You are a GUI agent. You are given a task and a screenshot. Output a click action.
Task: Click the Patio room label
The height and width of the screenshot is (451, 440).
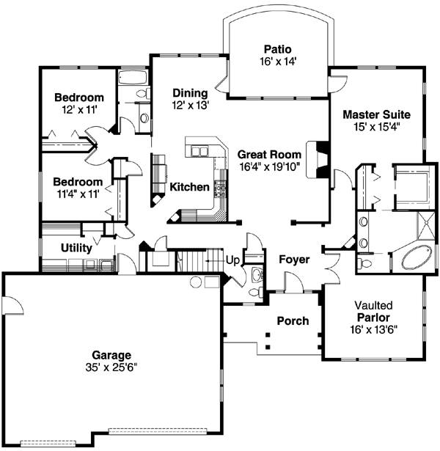278,49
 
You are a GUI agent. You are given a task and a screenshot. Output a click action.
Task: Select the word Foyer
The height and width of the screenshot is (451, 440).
293,260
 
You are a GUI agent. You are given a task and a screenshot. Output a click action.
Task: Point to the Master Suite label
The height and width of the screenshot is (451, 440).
376,114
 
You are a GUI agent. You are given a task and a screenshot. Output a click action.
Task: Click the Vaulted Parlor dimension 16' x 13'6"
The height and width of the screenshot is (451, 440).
374,329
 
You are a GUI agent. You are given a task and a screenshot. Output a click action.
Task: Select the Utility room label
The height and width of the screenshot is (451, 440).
76,248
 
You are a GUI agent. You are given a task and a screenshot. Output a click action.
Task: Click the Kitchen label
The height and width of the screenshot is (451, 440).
189,188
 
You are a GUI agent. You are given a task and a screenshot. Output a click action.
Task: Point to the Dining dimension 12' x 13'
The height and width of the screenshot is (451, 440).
191,105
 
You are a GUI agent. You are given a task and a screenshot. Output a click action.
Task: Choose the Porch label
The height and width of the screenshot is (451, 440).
292,321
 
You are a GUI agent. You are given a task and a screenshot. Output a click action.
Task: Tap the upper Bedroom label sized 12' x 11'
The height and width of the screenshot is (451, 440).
78,97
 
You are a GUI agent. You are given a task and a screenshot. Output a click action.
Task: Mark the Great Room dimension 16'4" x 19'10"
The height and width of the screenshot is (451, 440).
268,166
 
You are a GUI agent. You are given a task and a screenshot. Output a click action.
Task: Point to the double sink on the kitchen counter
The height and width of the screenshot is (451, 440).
199,152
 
